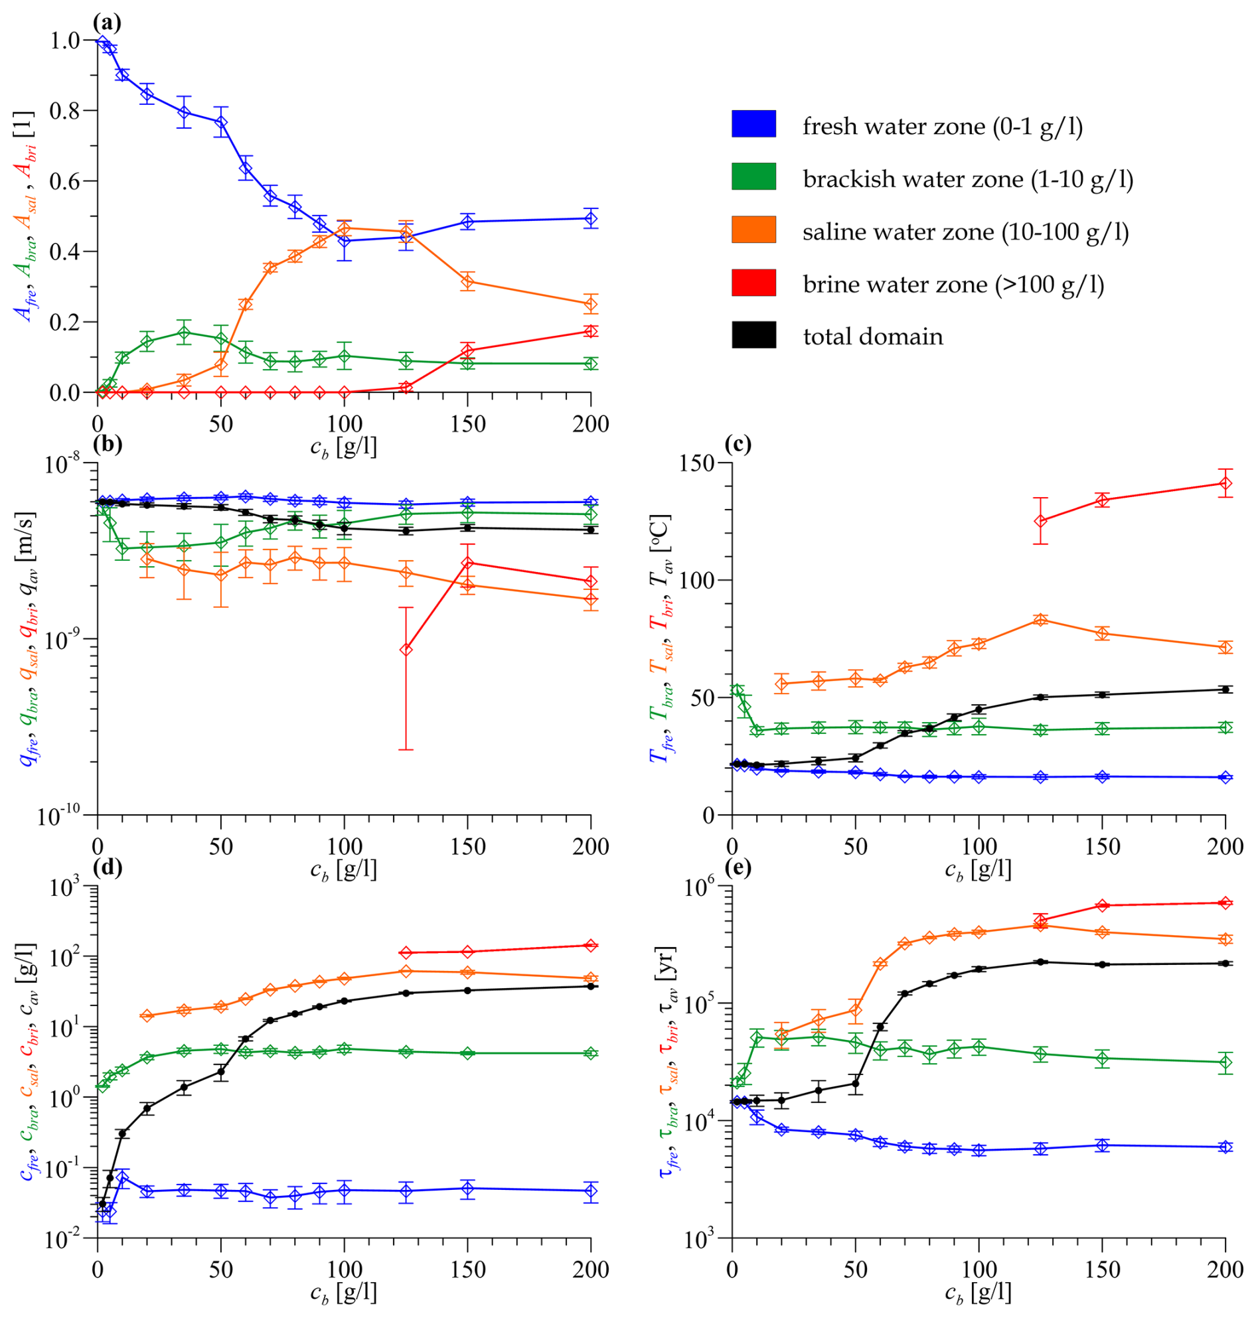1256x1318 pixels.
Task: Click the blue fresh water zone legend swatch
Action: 754,124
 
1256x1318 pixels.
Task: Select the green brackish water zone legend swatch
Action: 754,177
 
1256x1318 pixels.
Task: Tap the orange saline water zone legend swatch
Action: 754,230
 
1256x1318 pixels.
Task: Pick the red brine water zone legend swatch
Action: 754,283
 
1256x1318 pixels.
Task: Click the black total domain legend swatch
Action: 754,334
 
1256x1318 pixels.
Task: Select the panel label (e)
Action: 738,868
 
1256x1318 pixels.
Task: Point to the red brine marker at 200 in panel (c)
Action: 1225,483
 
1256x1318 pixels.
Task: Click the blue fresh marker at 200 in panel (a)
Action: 591,218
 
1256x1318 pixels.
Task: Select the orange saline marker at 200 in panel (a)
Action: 591,305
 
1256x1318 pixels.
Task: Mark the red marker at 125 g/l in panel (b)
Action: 406,649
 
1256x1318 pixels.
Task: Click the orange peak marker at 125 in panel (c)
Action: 1040,620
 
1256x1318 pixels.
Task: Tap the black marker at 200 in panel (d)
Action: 591,986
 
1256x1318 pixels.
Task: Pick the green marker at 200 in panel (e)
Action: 1225,1062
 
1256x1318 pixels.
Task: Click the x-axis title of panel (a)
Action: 343,447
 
